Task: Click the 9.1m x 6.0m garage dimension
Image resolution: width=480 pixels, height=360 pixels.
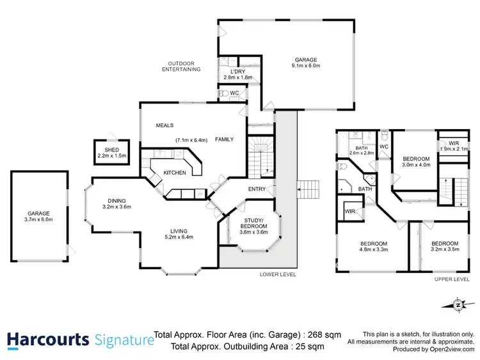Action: coord(306,66)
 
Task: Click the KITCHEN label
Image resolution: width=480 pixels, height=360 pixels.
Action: coord(175,173)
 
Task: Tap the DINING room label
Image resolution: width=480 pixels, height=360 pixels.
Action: coord(116,200)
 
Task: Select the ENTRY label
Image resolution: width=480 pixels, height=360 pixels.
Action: coord(257,189)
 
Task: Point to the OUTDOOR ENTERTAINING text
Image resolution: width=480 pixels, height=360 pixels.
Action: coord(184,66)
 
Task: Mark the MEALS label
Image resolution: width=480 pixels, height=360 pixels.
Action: coord(165,125)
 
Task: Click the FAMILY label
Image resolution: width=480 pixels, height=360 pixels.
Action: coord(224,139)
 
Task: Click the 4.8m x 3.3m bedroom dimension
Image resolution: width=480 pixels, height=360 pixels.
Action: coord(374,249)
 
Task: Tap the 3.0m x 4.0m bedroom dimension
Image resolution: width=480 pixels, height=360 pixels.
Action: coord(415,164)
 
